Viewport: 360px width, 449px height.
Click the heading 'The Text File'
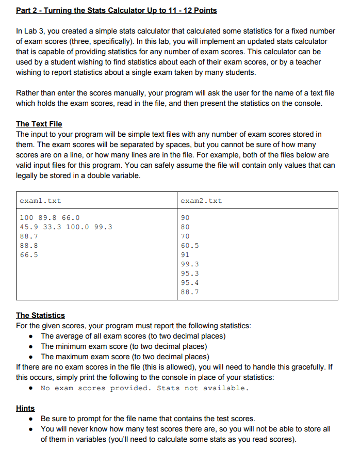[39, 124]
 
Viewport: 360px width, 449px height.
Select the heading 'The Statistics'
[41, 315]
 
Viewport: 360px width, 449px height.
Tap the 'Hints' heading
[26, 408]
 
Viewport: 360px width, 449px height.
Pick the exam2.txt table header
[202, 201]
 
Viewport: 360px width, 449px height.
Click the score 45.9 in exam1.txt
[28, 227]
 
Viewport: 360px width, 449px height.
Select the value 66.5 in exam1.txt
[28, 254]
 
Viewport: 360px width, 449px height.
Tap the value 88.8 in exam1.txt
[28, 245]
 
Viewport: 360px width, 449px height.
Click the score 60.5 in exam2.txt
[190, 246]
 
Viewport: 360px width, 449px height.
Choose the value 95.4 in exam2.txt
[190, 283]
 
